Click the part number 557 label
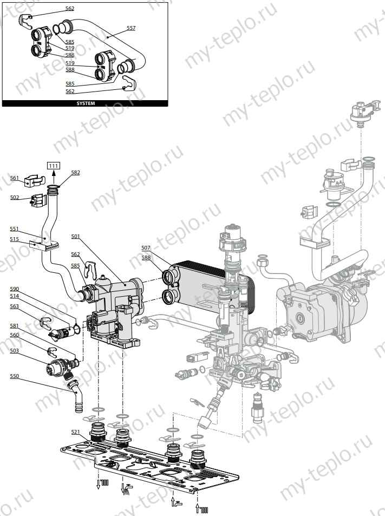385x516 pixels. tap(131, 27)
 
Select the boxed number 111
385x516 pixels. tap(54, 165)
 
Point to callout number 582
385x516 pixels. tap(75, 172)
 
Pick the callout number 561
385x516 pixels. tap(15, 178)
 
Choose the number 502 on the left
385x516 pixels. tap(15, 197)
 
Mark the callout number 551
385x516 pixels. tap(15, 228)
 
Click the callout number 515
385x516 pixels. tap(15, 239)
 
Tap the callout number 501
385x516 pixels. tap(75, 236)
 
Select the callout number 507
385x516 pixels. tap(146, 247)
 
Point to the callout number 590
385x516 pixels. tap(15, 289)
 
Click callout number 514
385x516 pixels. tap(15, 296)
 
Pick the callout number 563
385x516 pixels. tap(15, 306)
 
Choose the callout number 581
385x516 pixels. tap(15, 325)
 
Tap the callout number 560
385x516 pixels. tap(15, 335)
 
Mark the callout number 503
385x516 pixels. tap(15, 351)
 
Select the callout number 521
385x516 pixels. tap(75, 432)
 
